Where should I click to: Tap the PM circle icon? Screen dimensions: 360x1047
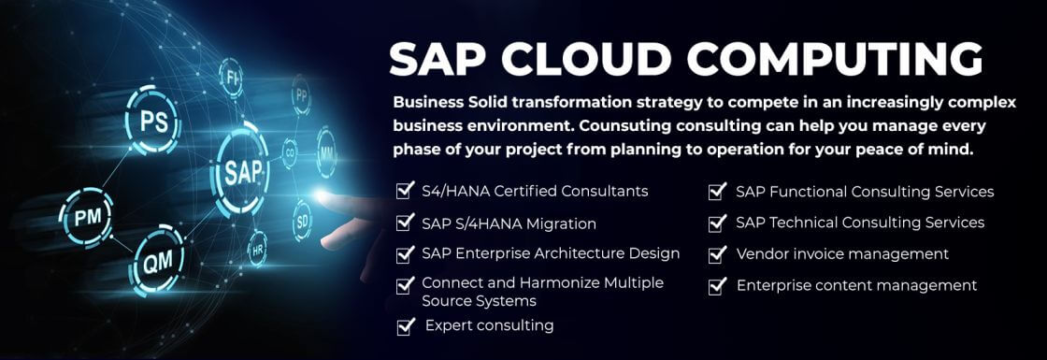tap(86, 218)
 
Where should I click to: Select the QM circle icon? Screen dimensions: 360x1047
tap(156, 264)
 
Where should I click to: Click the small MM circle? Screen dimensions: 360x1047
tap(326, 151)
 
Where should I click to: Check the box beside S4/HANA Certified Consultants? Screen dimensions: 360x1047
tap(406, 191)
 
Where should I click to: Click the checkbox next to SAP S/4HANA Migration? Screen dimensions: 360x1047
tap(406, 223)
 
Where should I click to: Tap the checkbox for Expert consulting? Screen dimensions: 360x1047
tap(406, 325)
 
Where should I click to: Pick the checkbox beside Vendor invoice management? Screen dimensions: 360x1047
tap(717, 253)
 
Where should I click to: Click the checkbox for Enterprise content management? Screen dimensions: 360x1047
tap(717, 285)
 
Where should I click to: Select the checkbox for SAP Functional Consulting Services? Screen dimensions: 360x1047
tap(717, 192)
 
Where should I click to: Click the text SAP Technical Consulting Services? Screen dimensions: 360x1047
tap(859, 223)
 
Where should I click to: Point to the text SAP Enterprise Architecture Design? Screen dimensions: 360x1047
tap(551, 253)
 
